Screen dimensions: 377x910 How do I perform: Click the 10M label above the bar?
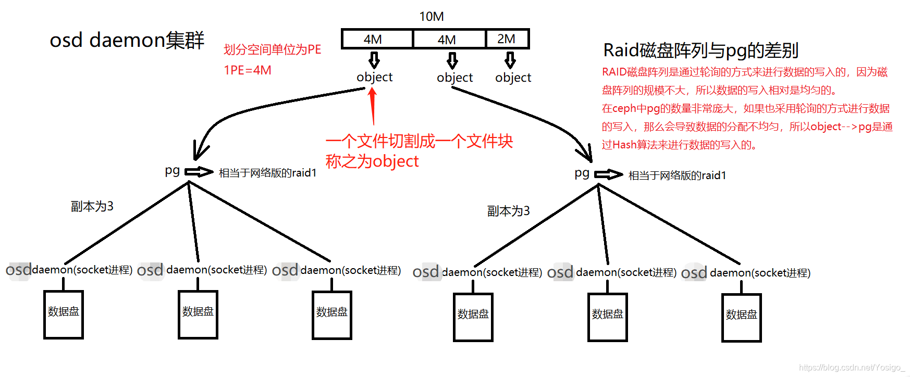pyautogui.click(x=432, y=17)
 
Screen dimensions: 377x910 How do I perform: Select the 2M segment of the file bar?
pyautogui.click(x=507, y=39)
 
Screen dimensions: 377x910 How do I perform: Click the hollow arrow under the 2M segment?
pyautogui.click(x=510, y=60)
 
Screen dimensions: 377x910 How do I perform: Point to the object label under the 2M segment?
pyautogui.click(x=513, y=78)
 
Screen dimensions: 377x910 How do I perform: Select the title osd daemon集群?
pyautogui.click(x=127, y=40)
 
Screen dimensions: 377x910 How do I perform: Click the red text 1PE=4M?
pyautogui.click(x=248, y=70)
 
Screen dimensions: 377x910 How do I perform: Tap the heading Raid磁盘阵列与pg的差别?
pyautogui.click(x=700, y=50)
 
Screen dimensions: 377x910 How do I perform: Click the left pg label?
pyautogui.click(x=172, y=171)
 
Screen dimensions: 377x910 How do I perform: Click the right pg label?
pyautogui.click(x=582, y=173)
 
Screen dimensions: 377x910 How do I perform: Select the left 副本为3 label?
pyautogui.click(x=92, y=206)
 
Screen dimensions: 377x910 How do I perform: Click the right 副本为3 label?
pyautogui.click(x=508, y=211)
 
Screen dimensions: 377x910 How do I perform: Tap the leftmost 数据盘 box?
pyautogui.click(x=64, y=315)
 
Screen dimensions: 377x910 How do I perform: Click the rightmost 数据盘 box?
pyautogui.click(x=741, y=318)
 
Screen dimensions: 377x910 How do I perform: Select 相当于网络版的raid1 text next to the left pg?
pyautogui.click(x=267, y=173)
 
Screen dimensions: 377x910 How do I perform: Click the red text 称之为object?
pyautogui.click(x=372, y=161)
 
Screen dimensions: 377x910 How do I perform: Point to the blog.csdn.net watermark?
pyautogui.click(x=852, y=368)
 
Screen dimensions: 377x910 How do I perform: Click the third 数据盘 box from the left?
pyautogui.click(x=332, y=315)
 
